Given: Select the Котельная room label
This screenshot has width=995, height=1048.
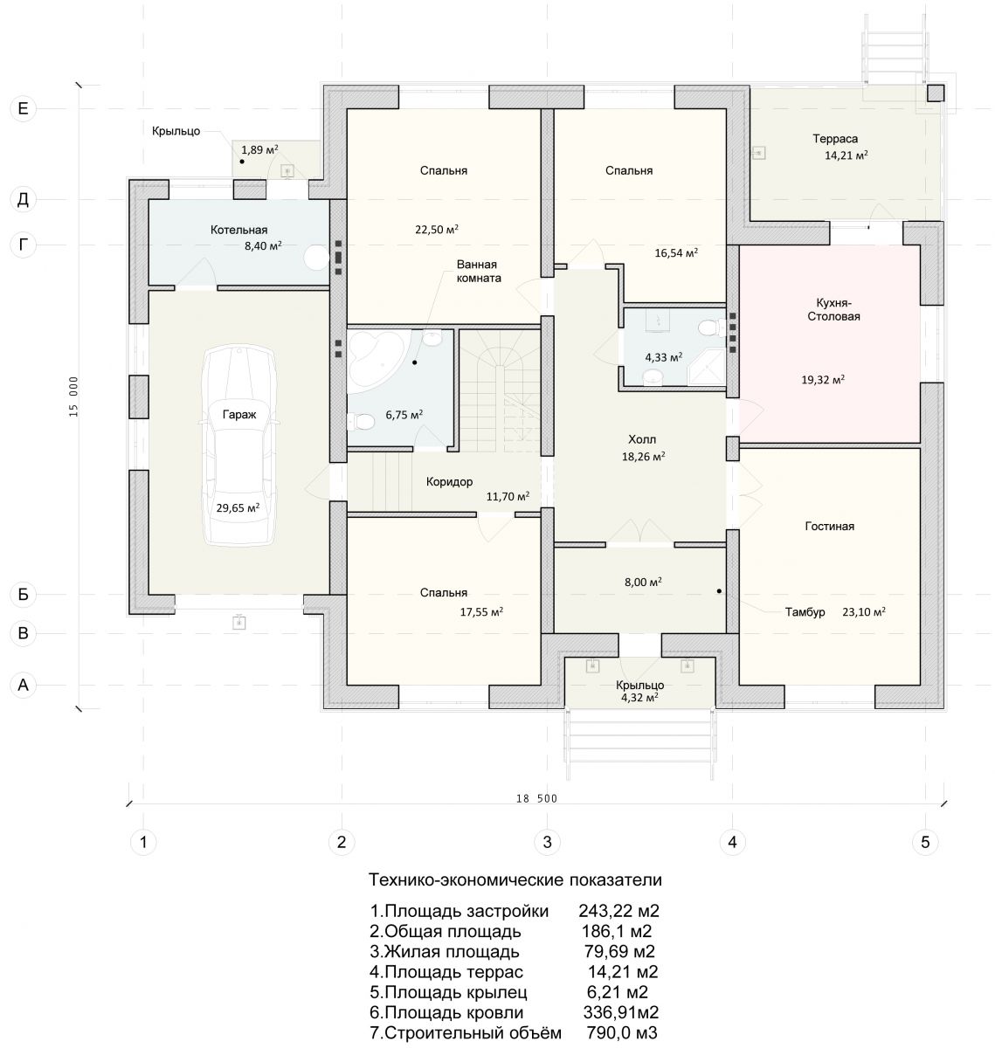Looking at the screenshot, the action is (238, 230).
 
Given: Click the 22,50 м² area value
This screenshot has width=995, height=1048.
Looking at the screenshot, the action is (437, 229).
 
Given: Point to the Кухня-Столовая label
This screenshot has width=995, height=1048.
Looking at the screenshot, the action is (833, 310).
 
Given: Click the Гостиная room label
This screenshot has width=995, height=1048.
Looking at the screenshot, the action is (830, 526).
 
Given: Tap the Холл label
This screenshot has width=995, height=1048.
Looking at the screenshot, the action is (642, 439).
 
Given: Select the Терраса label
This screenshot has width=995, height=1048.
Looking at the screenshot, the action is (835, 139).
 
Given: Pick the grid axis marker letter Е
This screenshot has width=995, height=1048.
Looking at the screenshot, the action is (23, 109).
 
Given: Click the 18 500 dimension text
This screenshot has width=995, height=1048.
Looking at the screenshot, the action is (536, 798).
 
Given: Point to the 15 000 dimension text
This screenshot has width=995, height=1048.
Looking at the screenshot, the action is (73, 396).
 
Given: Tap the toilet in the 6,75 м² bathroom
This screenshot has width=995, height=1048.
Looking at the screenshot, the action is (361, 422).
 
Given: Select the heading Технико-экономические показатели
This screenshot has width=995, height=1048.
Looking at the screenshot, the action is (515, 879).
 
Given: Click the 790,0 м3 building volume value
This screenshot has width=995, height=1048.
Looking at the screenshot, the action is (622, 1032).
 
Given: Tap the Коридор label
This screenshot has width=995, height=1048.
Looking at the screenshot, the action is (449, 482).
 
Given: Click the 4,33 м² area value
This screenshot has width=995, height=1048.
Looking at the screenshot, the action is (664, 357).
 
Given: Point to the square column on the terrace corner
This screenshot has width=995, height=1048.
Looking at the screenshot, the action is (935, 93).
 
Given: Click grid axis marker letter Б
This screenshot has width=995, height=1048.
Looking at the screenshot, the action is (23, 594).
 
